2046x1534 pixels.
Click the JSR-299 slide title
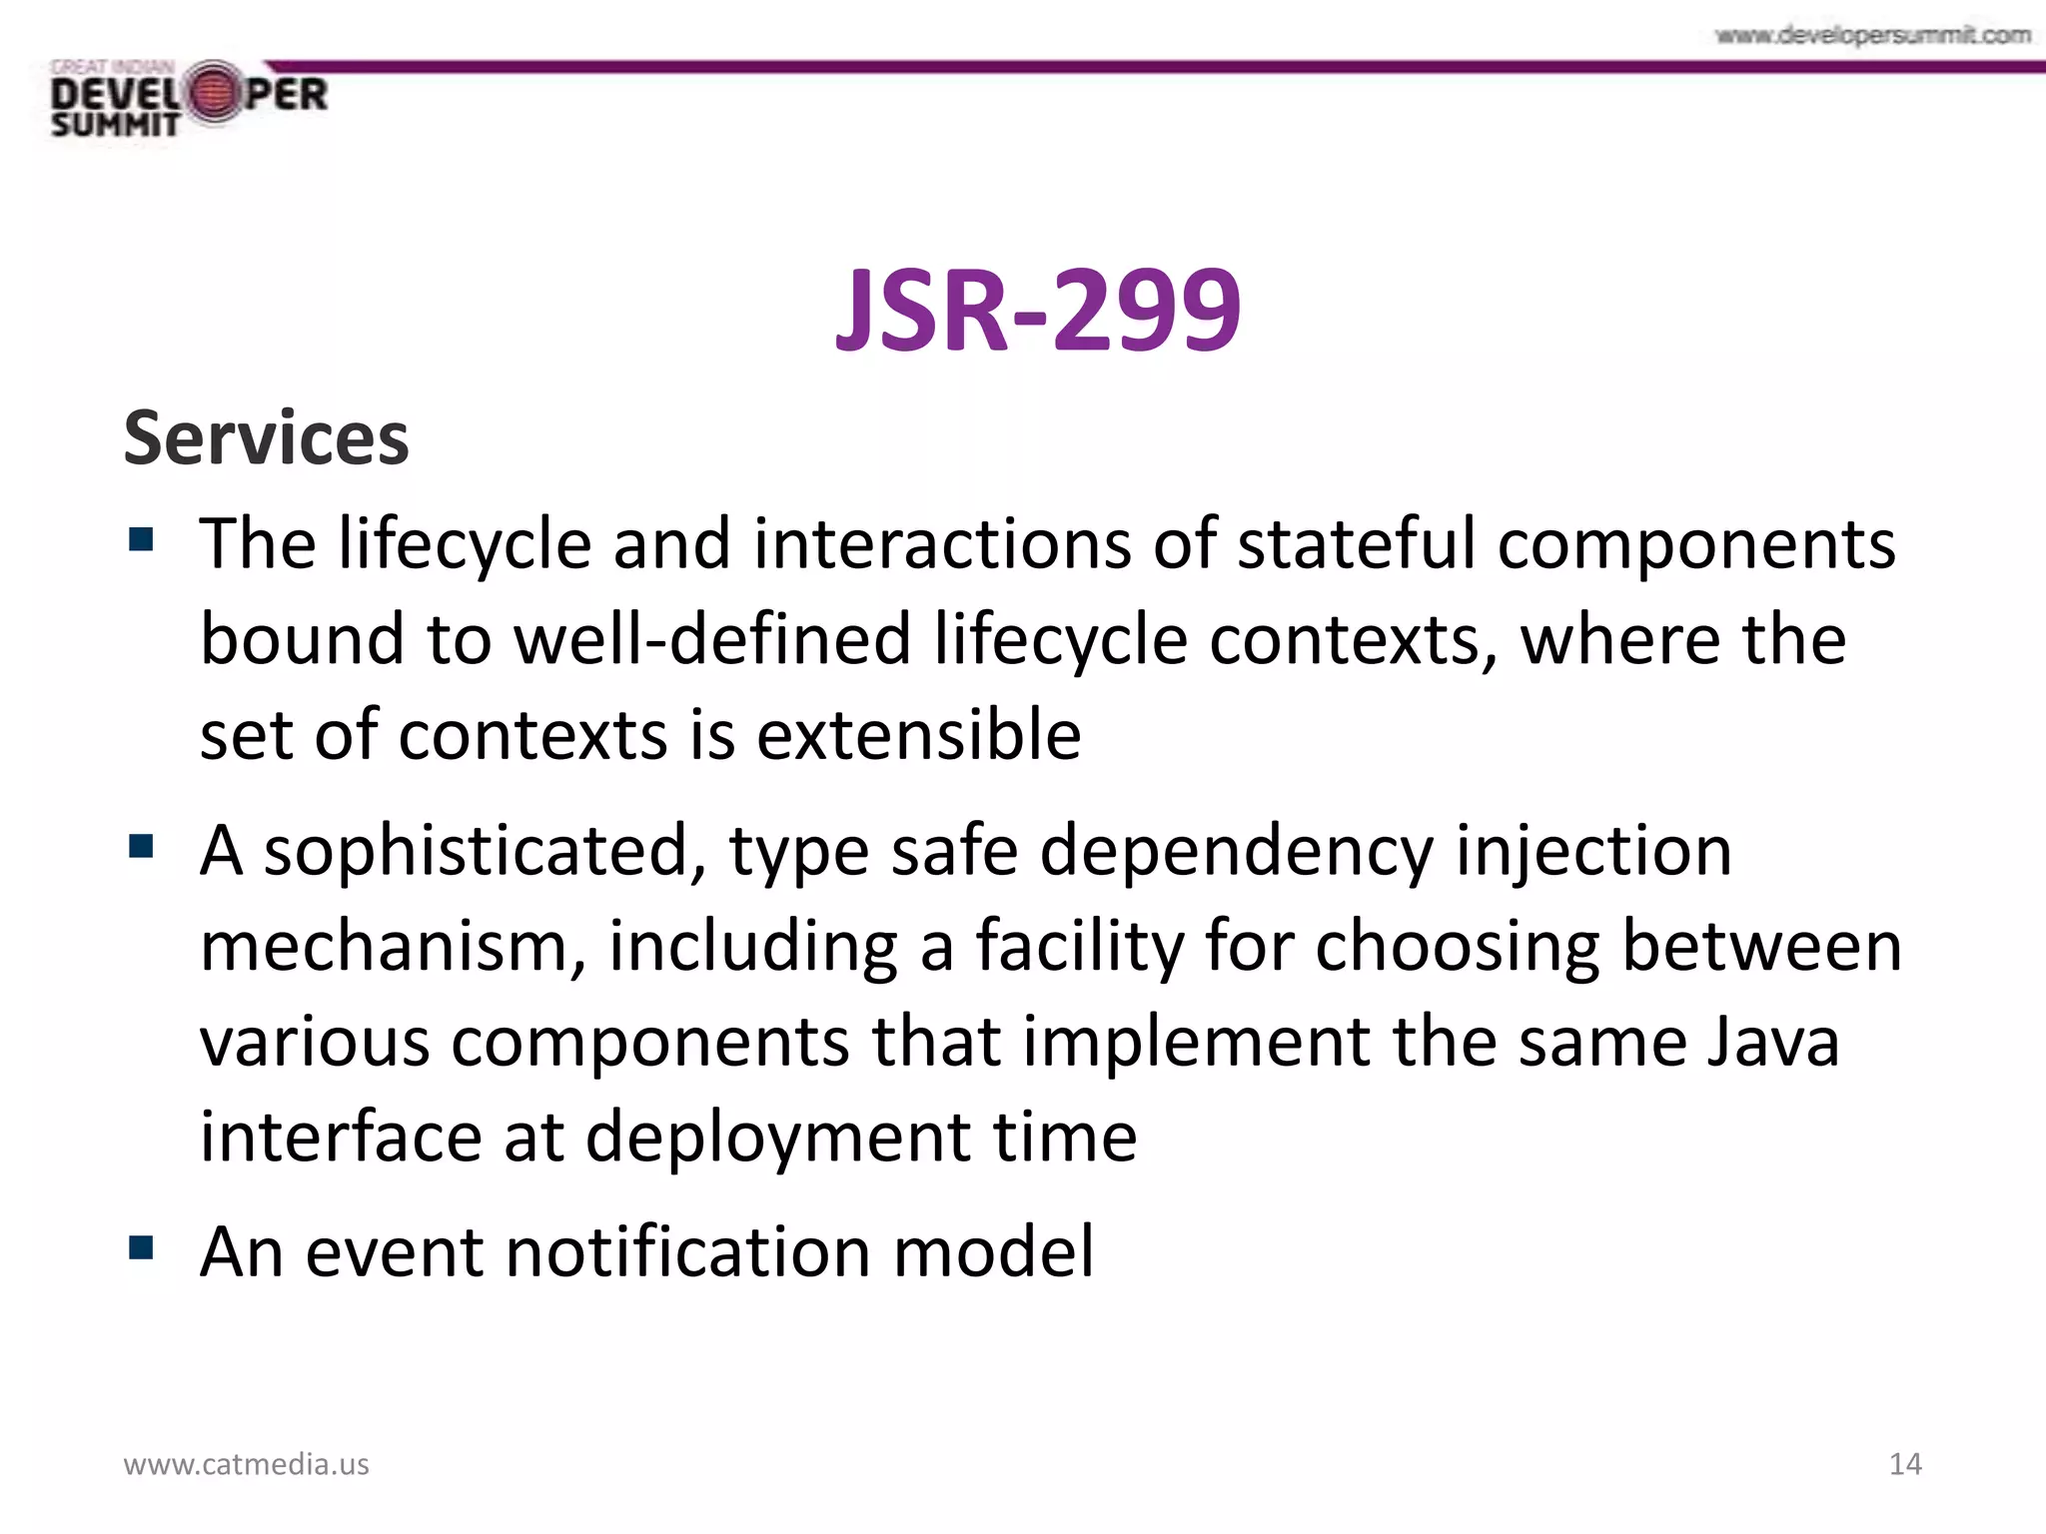pyautogui.click(x=1038, y=311)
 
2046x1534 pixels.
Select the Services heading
pyautogui.click(x=266, y=438)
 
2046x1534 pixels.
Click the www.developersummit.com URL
pyautogui.click(x=1872, y=36)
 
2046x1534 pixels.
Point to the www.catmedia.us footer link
pyautogui.click(x=246, y=1464)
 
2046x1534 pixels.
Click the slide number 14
pyautogui.click(x=1905, y=1464)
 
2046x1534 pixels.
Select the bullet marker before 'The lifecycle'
pyautogui.click(x=141, y=540)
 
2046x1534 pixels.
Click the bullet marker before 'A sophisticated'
pyautogui.click(x=141, y=847)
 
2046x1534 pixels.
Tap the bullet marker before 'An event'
pyautogui.click(x=141, y=1247)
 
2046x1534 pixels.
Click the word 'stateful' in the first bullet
pyautogui.click(x=1356, y=544)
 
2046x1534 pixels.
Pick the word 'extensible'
pyautogui.click(x=918, y=735)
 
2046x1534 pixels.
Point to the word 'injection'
pyautogui.click(x=1593, y=851)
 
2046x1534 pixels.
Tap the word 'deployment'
pyautogui.click(x=776, y=1138)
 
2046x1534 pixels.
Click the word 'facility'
pyautogui.click(x=1079, y=946)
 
